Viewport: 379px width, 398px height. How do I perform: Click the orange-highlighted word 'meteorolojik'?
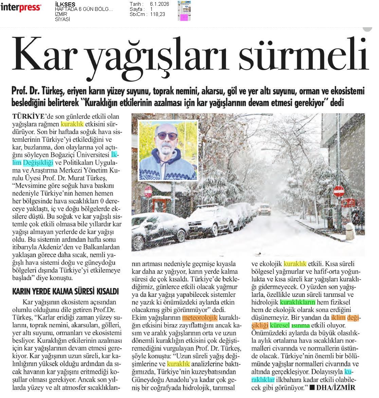point(200,318)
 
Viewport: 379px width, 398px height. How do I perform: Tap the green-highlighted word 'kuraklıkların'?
point(298,302)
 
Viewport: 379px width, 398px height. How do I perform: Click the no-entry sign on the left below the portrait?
point(148,191)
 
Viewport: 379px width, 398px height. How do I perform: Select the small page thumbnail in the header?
point(184,11)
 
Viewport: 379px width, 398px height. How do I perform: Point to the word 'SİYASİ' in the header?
point(62,19)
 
